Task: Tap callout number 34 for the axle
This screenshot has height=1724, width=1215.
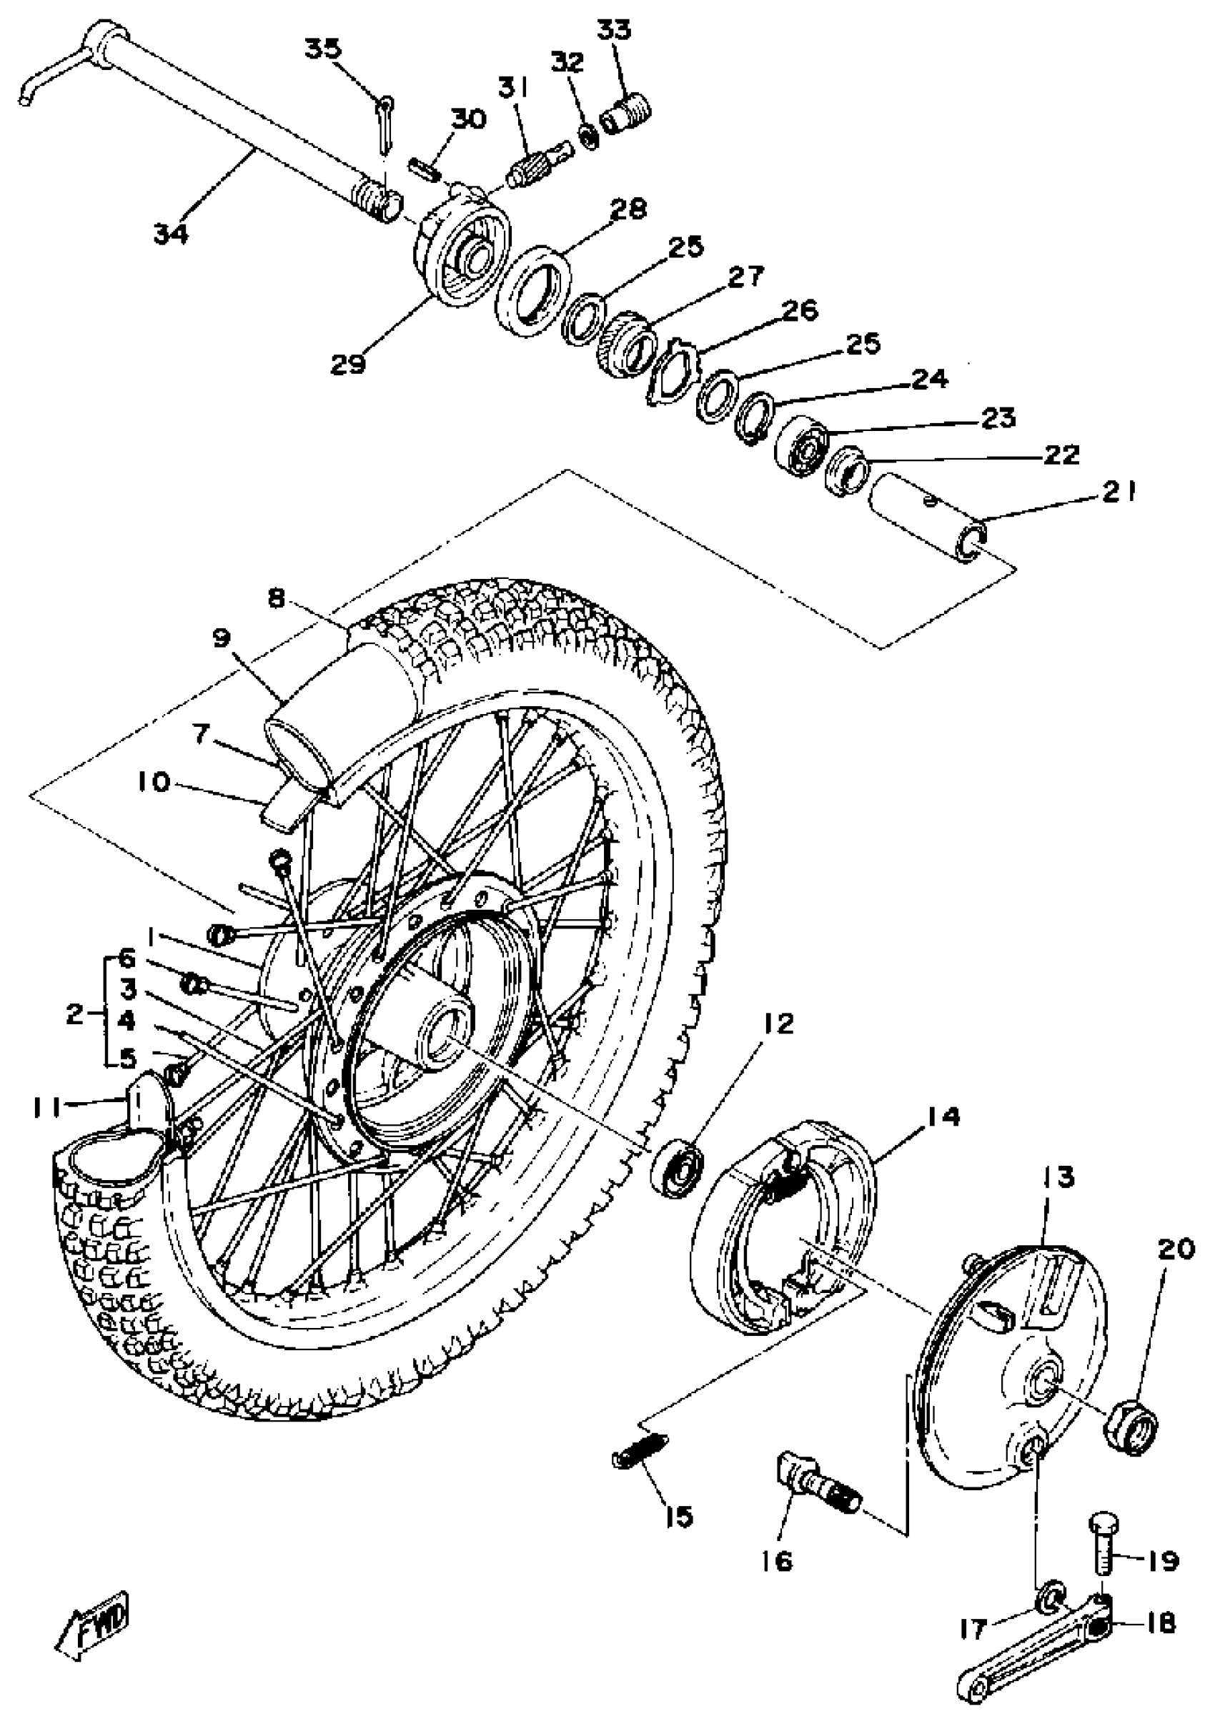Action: (172, 234)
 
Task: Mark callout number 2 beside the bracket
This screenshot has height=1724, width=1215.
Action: (74, 1015)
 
